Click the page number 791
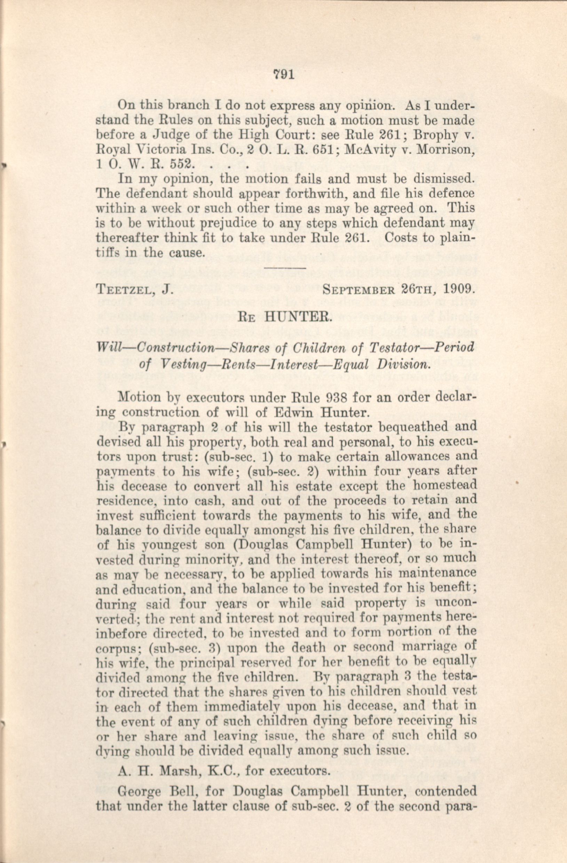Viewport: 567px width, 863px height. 284,75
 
